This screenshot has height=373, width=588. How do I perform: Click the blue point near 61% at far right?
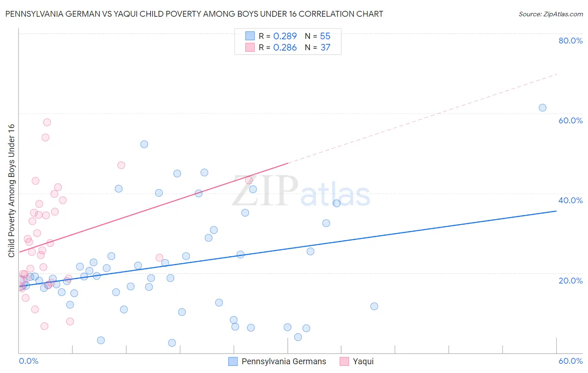point(542,107)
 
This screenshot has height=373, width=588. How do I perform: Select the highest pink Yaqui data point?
point(47,122)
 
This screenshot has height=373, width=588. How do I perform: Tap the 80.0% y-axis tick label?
point(570,41)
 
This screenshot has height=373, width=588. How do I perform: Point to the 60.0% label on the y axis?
point(570,120)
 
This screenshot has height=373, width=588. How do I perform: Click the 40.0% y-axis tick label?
point(570,200)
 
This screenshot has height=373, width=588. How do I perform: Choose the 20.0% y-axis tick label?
point(570,281)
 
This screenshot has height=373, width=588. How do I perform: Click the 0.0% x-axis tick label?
point(28,361)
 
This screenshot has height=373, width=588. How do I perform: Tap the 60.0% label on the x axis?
point(570,361)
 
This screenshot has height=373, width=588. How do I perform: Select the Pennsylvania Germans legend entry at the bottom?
point(278,361)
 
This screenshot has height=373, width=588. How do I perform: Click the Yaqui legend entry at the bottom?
point(357,361)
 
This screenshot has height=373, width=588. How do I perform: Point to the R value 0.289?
point(285,36)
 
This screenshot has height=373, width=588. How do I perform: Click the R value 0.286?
point(285,48)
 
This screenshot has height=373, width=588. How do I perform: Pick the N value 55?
point(325,36)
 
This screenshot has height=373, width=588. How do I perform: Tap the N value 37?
point(325,48)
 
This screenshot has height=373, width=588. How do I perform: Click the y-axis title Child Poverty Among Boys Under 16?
point(11,191)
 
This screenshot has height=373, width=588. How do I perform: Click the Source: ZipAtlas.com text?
point(550,14)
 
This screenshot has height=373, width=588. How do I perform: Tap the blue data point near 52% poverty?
point(144,144)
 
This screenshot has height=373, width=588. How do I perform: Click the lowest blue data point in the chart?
point(172,343)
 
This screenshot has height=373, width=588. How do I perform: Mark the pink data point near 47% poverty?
point(121,165)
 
